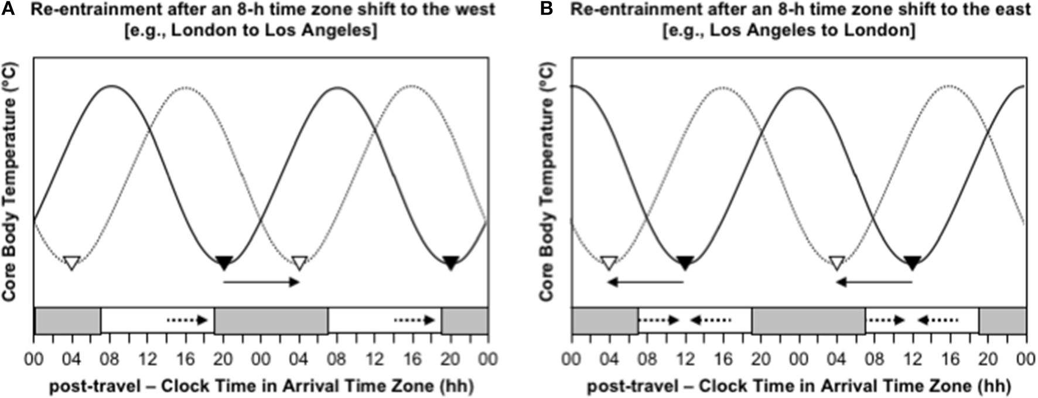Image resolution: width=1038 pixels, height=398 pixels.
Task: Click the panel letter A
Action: [x=8, y=10]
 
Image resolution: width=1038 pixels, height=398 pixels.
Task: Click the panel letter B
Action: [x=546, y=10]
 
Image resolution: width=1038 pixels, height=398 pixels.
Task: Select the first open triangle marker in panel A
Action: [x=71, y=263]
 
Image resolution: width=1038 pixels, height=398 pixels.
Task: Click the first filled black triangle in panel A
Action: [x=224, y=263]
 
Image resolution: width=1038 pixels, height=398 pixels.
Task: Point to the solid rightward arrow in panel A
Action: [x=261, y=283]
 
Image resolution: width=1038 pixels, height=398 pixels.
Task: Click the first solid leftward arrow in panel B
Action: [x=646, y=283]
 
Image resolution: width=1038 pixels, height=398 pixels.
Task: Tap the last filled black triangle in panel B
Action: [x=912, y=263]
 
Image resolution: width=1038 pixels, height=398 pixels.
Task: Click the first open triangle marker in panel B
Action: [x=609, y=263]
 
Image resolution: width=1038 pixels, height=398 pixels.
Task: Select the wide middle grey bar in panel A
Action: [x=271, y=321]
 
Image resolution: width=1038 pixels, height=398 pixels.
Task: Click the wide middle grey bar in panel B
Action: [x=808, y=321]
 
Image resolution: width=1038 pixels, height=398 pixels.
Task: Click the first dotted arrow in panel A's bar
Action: [x=187, y=320]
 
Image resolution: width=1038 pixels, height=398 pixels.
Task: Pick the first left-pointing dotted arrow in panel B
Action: [x=711, y=320]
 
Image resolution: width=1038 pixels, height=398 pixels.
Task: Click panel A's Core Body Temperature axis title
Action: [x=9, y=181]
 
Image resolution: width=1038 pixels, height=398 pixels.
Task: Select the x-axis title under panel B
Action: [x=799, y=386]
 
